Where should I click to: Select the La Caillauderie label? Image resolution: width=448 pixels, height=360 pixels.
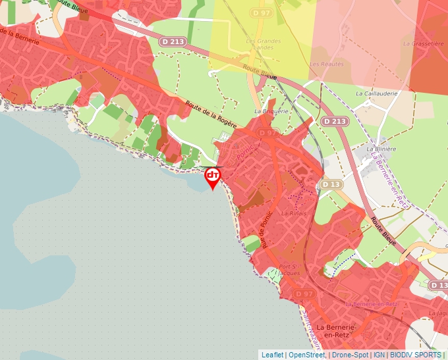tap(377, 93)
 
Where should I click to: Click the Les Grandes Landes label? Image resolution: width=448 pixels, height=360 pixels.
tap(263, 45)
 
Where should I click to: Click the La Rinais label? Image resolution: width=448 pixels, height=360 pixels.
tap(294, 213)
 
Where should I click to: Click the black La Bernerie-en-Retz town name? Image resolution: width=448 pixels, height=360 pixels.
tap(337, 331)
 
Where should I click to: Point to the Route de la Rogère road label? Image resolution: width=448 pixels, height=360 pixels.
tap(211, 115)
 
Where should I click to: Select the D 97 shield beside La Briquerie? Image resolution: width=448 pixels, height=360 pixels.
tap(267, 133)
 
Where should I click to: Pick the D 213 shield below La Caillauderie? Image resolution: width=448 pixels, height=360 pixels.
tap(335, 122)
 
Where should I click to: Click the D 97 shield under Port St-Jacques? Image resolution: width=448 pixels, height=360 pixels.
tap(303, 293)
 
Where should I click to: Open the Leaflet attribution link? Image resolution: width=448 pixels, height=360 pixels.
tap(272, 355)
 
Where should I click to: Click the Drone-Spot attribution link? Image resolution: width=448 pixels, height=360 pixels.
tap(350, 355)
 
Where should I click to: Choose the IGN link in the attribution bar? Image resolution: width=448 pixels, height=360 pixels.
tap(379, 355)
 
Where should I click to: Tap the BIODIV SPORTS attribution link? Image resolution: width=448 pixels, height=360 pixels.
tap(415, 355)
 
